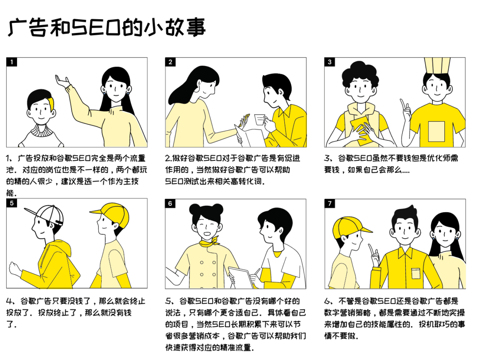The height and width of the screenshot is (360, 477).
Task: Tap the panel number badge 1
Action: point(12,62)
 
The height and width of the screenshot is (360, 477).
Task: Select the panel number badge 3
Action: point(330,62)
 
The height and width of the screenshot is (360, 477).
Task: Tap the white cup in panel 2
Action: point(259,119)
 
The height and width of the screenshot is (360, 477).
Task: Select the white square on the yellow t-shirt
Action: point(436,131)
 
